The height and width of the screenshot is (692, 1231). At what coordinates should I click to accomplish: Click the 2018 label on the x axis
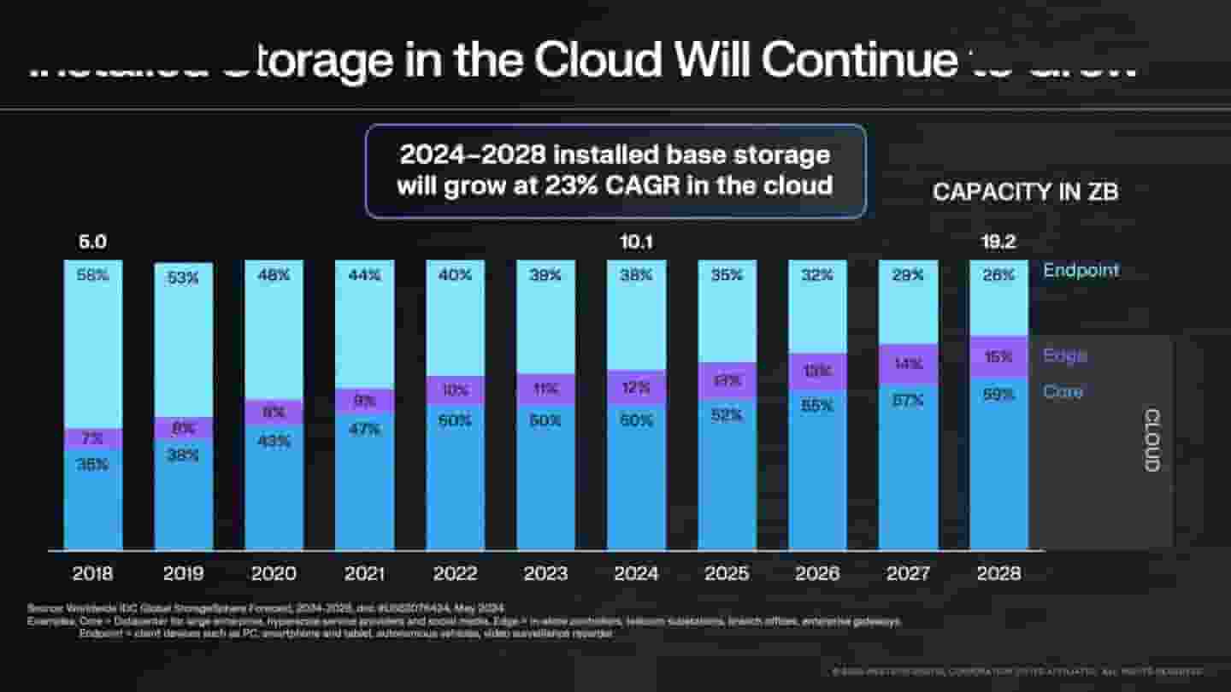click(x=92, y=573)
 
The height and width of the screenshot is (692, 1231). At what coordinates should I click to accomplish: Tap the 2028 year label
click(x=998, y=573)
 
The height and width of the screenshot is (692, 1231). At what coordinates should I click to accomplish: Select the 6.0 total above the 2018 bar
click(x=92, y=243)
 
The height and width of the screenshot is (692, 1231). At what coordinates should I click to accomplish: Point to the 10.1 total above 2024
click(x=636, y=243)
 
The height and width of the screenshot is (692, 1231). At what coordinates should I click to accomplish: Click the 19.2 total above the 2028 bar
click(x=998, y=243)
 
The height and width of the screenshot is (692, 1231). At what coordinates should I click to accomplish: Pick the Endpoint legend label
click(x=1081, y=271)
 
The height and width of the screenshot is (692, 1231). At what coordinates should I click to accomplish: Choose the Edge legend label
click(x=1065, y=355)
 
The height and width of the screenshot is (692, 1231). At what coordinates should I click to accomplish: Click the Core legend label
click(x=1063, y=392)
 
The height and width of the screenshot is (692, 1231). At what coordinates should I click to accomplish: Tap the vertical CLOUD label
click(x=1151, y=440)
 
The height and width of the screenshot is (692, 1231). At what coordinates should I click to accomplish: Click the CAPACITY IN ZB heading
click(x=1025, y=192)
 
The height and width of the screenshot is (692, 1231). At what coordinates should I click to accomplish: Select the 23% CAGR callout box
click(x=615, y=171)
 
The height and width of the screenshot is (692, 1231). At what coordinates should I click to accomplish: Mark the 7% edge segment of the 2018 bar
click(x=93, y=439)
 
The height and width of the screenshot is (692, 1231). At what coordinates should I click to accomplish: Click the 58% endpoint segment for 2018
click(x=93, y=342)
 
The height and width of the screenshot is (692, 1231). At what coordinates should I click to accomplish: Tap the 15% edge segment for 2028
click(x=998, y=357)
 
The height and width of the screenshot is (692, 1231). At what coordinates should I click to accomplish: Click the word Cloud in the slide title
click(x=598, y=60)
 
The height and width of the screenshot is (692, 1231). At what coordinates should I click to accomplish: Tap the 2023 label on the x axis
click(x=545, y=573)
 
